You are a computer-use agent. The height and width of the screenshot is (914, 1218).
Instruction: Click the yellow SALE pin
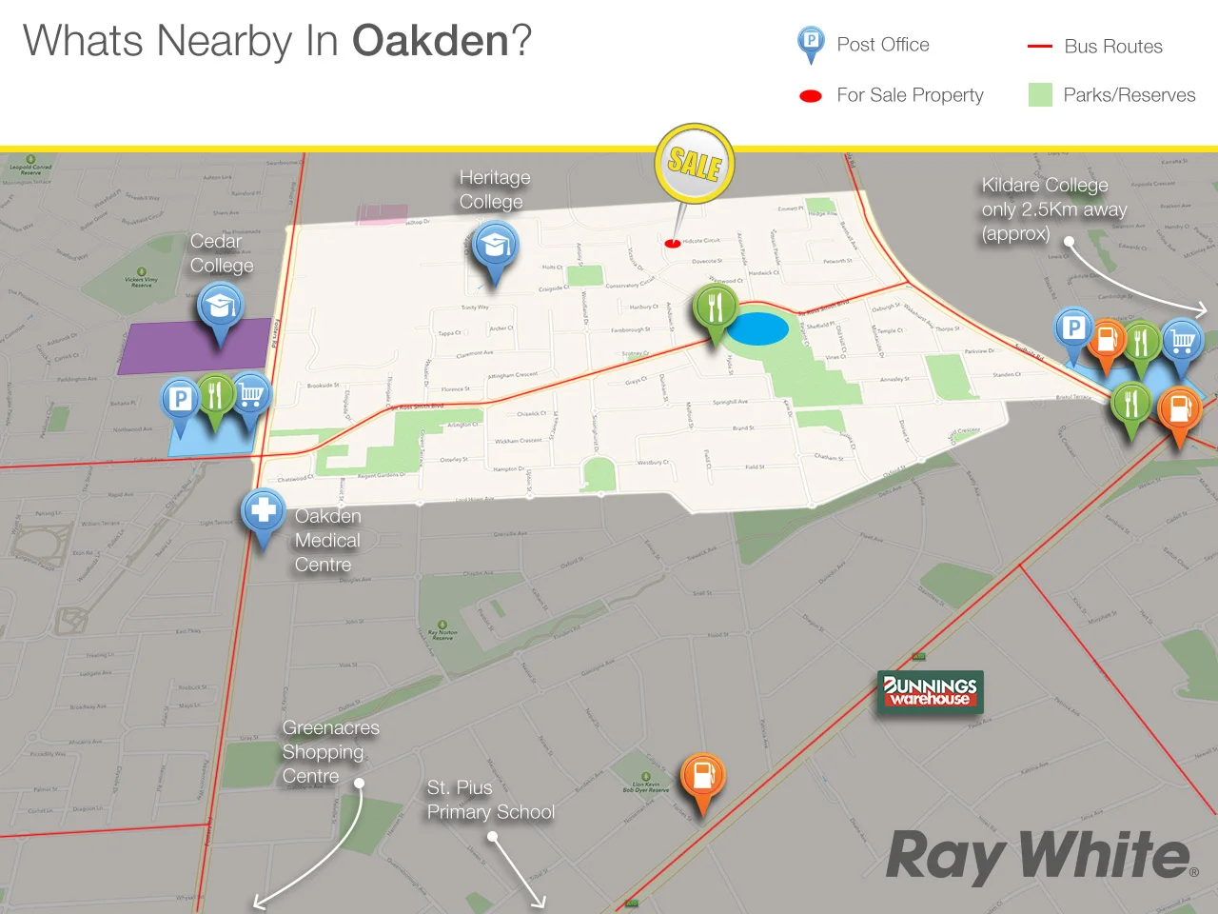695,163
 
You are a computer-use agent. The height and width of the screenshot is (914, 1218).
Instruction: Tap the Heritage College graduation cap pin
494,247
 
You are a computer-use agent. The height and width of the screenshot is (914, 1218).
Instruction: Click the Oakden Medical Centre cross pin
263,511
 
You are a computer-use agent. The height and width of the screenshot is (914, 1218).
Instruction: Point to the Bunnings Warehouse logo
930,691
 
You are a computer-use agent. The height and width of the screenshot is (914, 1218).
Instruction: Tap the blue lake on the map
757,328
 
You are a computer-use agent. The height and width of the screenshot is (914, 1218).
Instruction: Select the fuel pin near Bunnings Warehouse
702,776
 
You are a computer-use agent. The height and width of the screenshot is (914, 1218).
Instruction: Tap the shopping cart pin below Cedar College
250,394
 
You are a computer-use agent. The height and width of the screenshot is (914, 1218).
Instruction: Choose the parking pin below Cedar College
181,400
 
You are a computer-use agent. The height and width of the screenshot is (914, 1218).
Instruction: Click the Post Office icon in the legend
810,43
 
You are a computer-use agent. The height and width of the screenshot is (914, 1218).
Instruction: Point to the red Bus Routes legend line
1039,46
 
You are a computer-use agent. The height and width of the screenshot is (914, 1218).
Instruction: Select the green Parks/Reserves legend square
1040,94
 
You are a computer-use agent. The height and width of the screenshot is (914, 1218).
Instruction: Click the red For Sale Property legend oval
811,95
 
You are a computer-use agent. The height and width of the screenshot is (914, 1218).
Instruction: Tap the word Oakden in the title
430,41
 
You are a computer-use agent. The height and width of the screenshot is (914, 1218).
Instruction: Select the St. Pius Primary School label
490,800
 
